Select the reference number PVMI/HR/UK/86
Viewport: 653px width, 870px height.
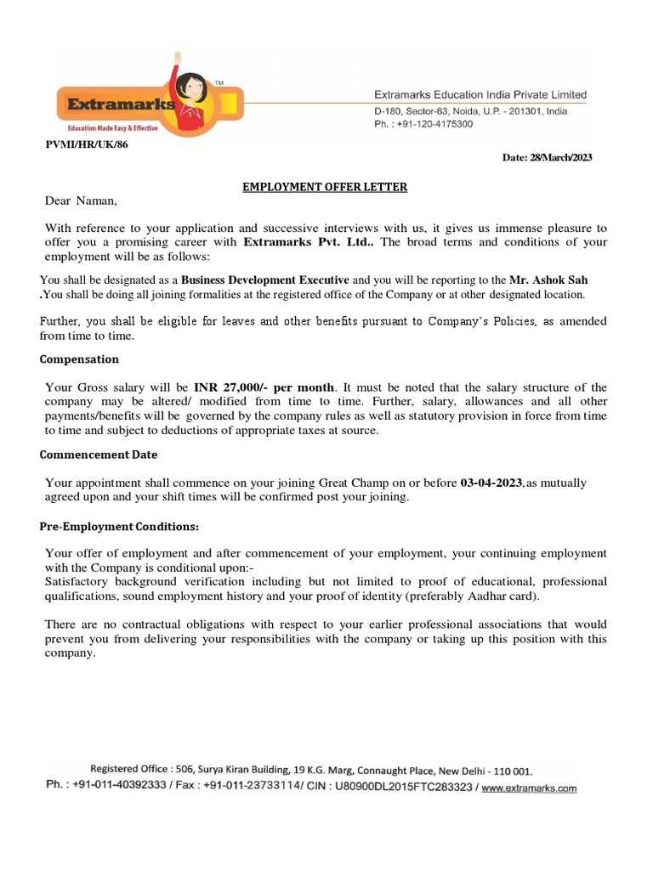pyautogui.click(x=87, y=144)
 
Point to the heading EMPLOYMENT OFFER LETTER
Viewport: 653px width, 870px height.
pyautogui.click(x=326, y=187)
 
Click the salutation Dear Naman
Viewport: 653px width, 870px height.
pyautogui.click(x=81, y=201)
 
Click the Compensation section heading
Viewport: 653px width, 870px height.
pyautogui.click(x=79, y=359)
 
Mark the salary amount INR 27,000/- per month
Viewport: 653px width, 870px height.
pyautogui.click(x=264, y=387)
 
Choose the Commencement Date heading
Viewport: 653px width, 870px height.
pyautogui.click(x=98, y=455)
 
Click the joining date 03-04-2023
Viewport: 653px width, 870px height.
pyautogui.click(x=491, y=483)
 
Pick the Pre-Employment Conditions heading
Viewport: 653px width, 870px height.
pyautogui.click(x=119, y=527)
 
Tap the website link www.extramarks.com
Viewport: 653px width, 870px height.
pyautogui.click(x=529, y=788)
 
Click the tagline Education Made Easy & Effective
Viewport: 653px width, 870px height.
pyautogui.click(x=106, y=125)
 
